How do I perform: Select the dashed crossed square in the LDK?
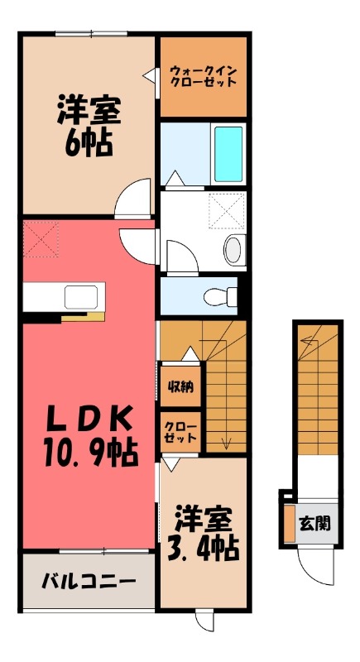tap(40, 239)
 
